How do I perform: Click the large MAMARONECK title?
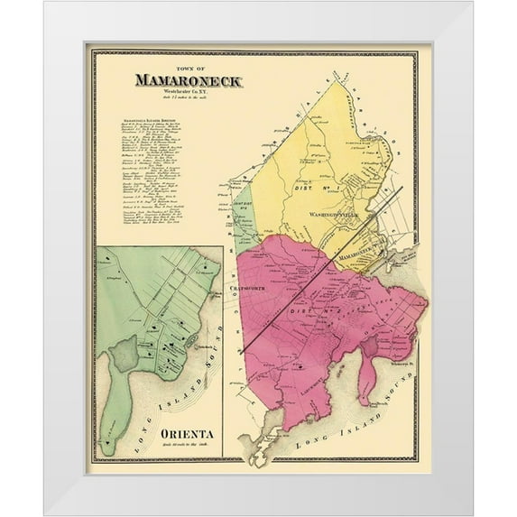(x=188, y=79)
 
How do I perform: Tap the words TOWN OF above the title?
(x=188, y=67)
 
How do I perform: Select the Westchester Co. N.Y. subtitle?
(x=188, y=91)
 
